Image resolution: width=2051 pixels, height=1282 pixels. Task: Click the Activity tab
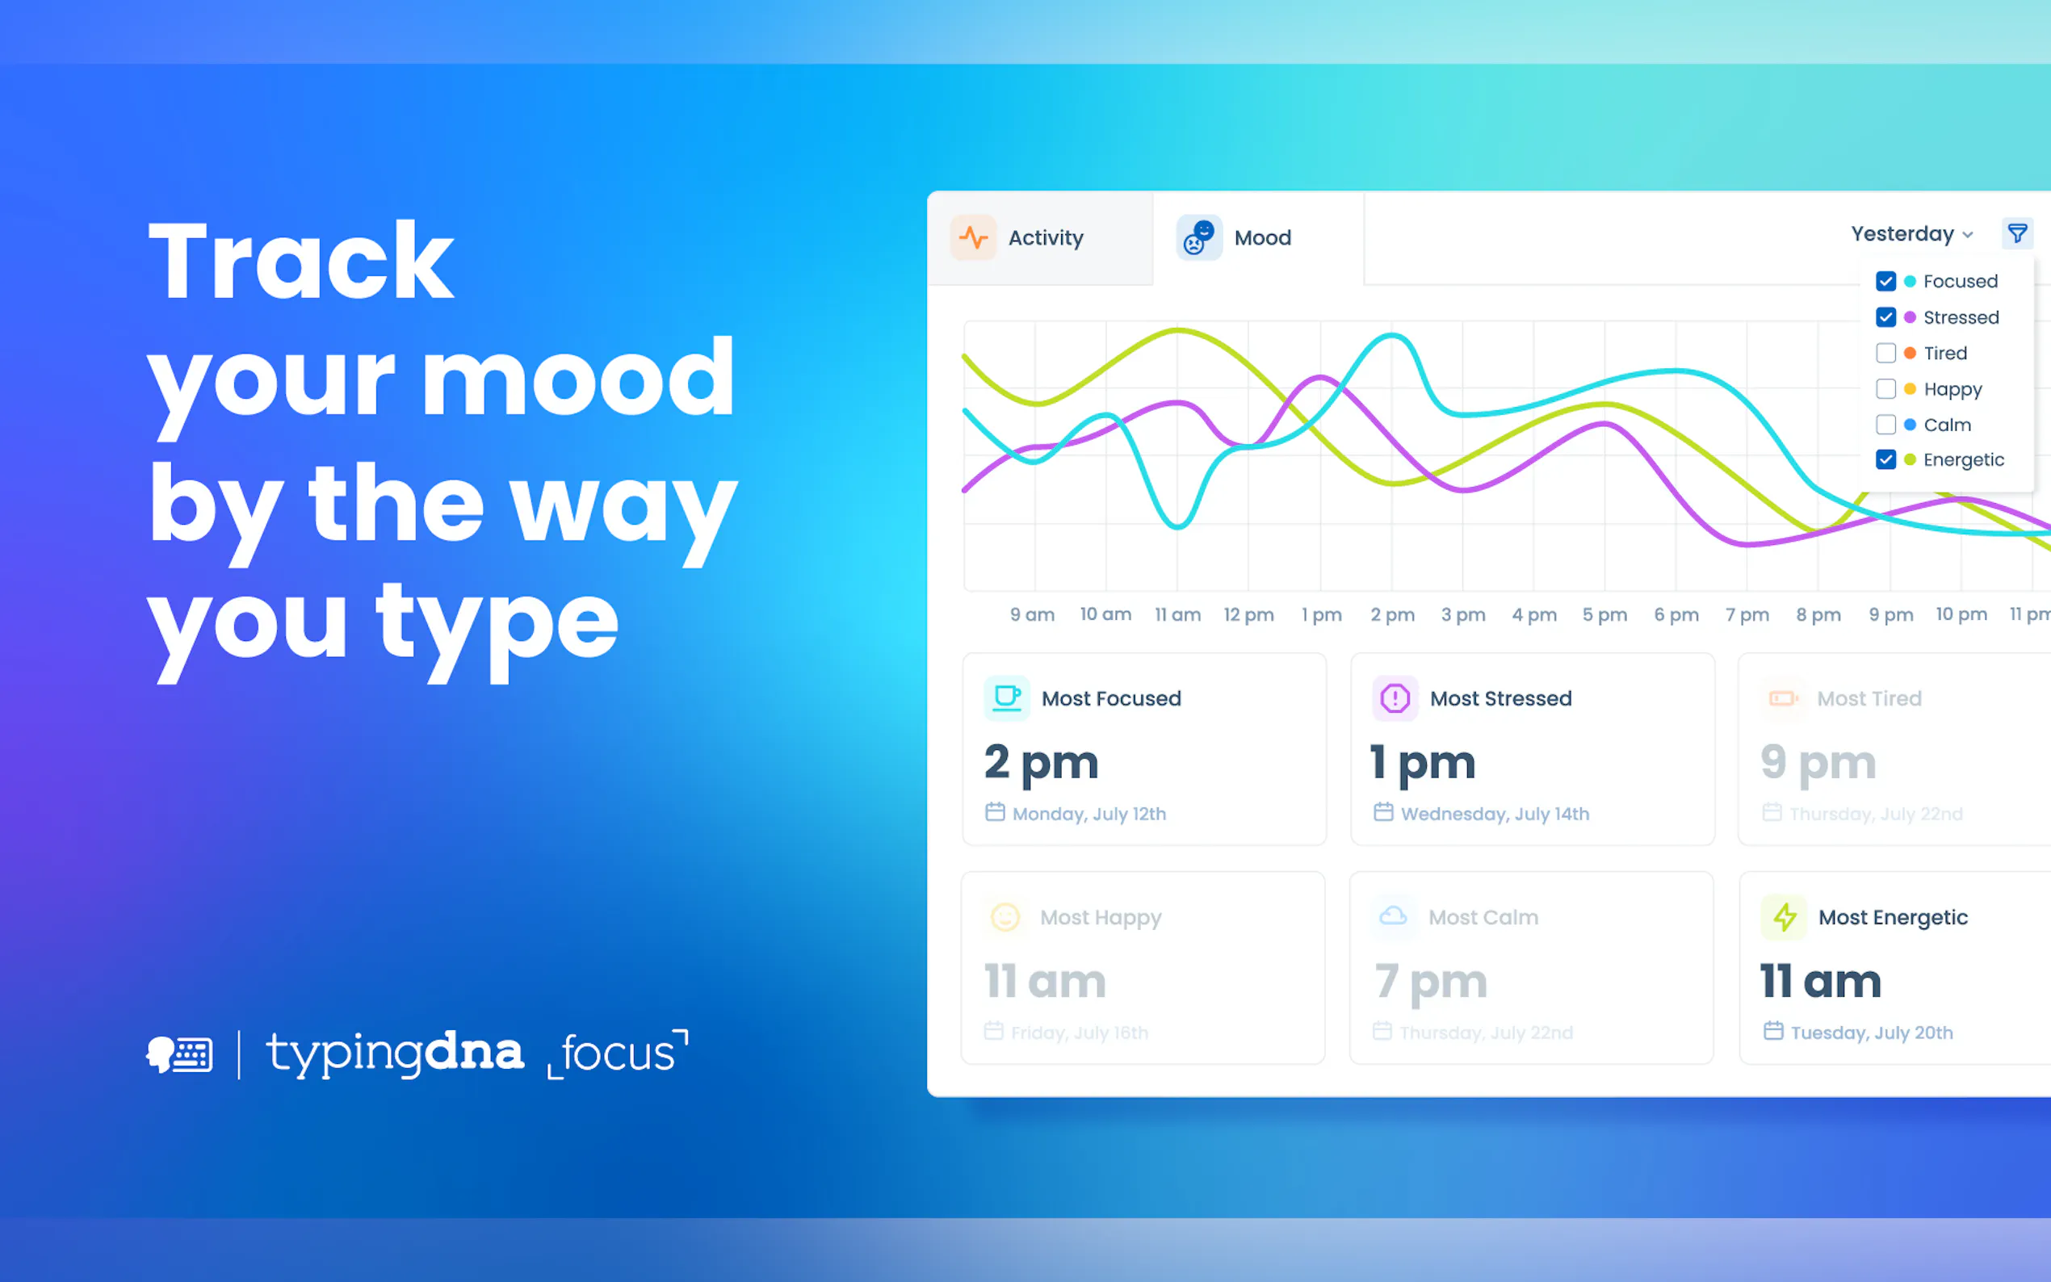pyautogui.click(x=1039, y=238)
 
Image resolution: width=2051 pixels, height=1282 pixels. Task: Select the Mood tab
pyautogui.click(x=1257, y=238)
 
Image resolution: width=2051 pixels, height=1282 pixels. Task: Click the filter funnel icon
pyautogui.click(x=2017, y=233)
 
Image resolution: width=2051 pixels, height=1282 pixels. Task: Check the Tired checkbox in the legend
pyautogui.click(x=1885, y=353)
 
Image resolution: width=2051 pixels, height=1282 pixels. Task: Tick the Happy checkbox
pyautogui.click(x=1885, y=389)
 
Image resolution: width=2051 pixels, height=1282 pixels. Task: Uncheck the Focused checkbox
pyautogui.click(x=1885, y=282)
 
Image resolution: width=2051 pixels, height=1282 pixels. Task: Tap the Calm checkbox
pyautogui.click(x=1885, y=425)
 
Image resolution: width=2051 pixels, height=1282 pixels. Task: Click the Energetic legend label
pyautogui.click(x=1964, y=460)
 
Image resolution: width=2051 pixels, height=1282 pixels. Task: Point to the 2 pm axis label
pyautogui.click(x=1392, y=614)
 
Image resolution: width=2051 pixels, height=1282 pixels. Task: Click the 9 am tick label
pyautogui.click(x=1032, y=614)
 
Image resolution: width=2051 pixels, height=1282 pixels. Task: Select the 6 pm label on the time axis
pyautogui.click(x=1676, y=614)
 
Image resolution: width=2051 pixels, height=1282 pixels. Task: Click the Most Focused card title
pyautogui.click(x=1111, y=698)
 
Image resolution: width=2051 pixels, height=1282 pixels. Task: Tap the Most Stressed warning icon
pyautogui.click(x=1395, y=698)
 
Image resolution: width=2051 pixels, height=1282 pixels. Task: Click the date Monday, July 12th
pyautogui.click(x=1088, y=814)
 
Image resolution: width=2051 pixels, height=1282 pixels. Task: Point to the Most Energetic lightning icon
pyautogui.click(x=1784, y=917)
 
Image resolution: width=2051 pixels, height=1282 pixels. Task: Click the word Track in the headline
pyautogui.click(x=301, y=261)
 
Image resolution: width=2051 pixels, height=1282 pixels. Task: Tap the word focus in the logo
pyautogui.click(x=618, y=1054)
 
